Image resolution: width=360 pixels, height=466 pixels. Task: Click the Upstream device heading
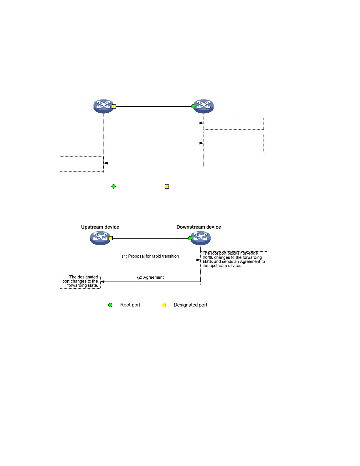[x=100, y=227]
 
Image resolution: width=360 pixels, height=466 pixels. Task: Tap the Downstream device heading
[x=199, y=227]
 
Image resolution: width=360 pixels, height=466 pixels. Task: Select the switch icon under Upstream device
[x=100, y=238]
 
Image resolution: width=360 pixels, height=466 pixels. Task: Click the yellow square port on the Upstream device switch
[x=111, y=238]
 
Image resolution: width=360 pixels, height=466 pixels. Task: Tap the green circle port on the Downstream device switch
[x=190, y=238]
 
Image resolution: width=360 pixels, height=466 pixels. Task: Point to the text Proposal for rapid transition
[x=154, y=256]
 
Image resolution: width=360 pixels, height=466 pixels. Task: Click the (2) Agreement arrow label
[x=150, y=277]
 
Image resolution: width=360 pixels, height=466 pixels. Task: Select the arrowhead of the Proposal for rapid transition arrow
[x=198, y=260]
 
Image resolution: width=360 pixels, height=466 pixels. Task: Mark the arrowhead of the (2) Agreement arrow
[x=102, y=282]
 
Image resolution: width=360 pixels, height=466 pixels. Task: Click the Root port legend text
[x=130, y=305]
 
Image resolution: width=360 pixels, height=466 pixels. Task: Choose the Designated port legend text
[x=190, y=305]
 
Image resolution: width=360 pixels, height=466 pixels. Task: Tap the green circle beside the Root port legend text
[x=110, y=305]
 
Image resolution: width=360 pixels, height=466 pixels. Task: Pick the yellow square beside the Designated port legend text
[x=164, y=305]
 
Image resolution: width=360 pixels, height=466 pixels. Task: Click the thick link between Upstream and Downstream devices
[x=150, y=238]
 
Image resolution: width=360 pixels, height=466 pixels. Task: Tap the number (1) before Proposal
[x=124, y=256]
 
